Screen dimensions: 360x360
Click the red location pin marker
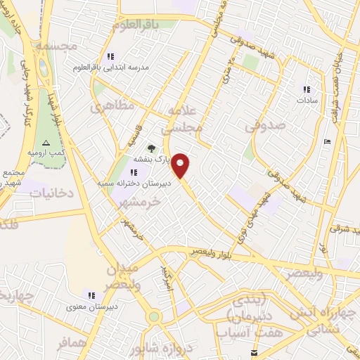[x=181, y=165]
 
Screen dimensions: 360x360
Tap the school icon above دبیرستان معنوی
[x=91, y=295]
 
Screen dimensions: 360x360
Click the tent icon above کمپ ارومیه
[x=46, y=142]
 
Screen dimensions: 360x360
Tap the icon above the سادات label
[x=306, y=89]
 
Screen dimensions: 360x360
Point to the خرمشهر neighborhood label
[x=140, y=201]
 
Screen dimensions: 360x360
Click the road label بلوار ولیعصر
[x=217, y=252]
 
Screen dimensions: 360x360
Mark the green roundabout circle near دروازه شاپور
[x=154, y=316]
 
